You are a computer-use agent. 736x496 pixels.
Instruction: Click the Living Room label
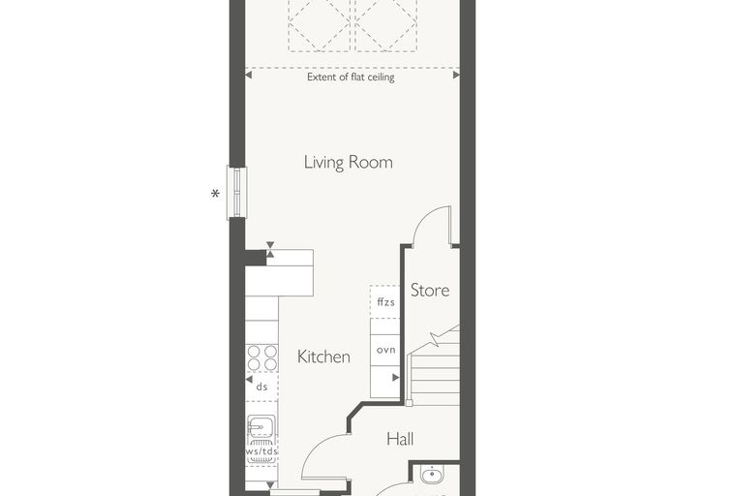click(349, 163)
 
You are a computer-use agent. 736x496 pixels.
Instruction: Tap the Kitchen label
click(323, 356)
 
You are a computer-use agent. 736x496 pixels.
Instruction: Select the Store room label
click(430, 291)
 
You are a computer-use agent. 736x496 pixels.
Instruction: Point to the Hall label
click(400, 439)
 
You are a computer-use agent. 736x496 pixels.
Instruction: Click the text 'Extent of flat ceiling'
click(351, 77)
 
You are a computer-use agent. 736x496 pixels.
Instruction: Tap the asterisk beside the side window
click(215, 193)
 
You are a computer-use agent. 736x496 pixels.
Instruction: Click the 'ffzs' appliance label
click(385, 301)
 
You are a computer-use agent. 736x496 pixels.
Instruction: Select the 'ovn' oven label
click(385, 350)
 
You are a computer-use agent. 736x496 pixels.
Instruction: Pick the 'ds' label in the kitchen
click(261, 387)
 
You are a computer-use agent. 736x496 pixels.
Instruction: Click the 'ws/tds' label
click(261, 450)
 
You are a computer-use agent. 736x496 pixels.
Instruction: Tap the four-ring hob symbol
click(261, 357)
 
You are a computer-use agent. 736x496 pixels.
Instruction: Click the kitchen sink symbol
click(261, 427)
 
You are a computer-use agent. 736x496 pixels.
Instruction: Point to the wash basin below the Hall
click(431, 475)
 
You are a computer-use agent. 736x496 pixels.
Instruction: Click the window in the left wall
click(236, 193)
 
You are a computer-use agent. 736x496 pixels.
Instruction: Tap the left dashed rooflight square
click(320, 24)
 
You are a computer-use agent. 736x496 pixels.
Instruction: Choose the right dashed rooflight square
click(386, 24)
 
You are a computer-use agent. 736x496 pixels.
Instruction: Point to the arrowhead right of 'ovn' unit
click(396, 377)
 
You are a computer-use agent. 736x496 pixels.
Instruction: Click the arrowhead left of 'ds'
click(249, 379)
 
